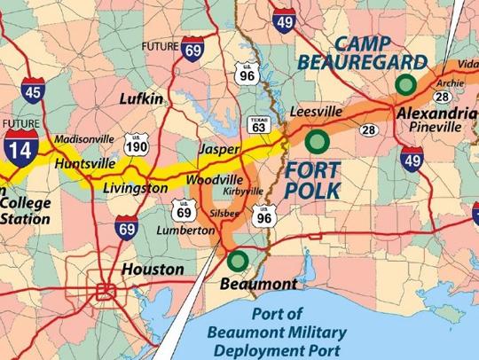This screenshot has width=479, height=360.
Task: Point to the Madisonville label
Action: (x=82, y=140)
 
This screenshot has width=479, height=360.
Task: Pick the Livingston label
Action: (x=136, y=188)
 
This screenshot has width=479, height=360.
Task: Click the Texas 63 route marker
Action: (x=258, y=124)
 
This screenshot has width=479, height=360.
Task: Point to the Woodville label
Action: (x=211, y=180)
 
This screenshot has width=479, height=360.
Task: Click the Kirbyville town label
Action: (x=240, y=192)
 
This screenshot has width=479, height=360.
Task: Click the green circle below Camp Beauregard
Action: (x=405, y=84)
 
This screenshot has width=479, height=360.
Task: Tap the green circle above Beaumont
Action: (x=237, y=261)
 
